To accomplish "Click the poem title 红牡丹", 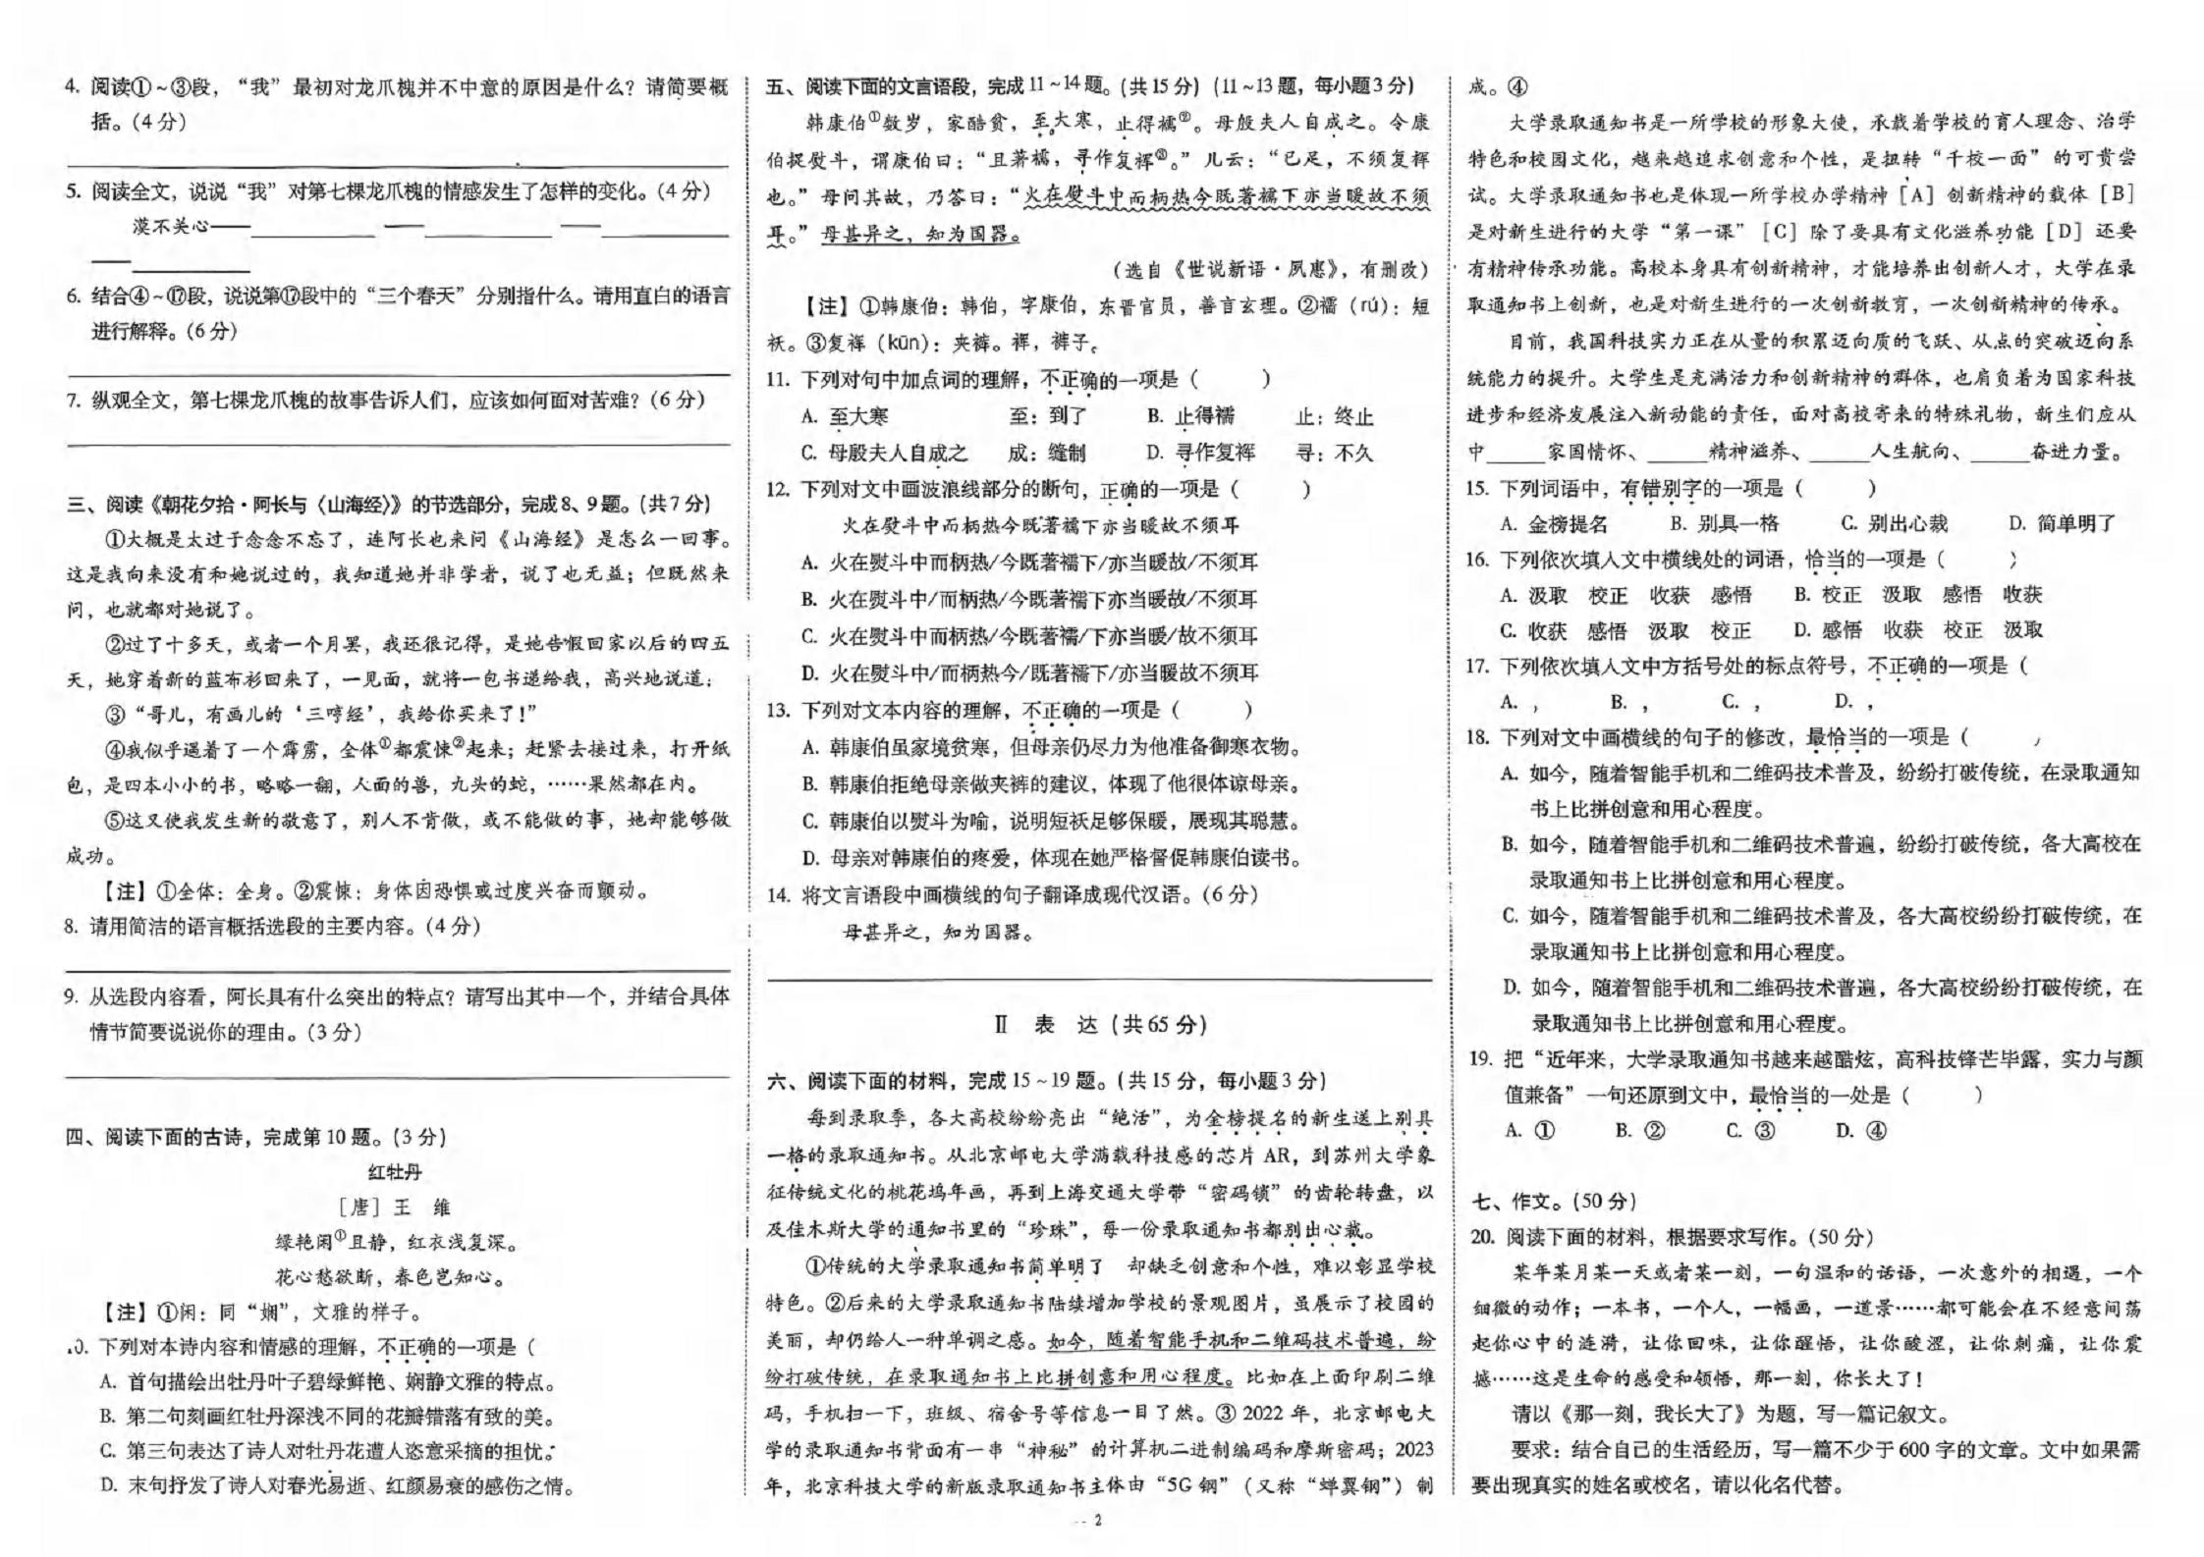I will tap(395, 1171).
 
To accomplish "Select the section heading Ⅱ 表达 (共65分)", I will tap(1100, 1025).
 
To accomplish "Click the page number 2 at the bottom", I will tap(1098, 1521).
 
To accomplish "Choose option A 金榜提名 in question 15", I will tap(1555, 524).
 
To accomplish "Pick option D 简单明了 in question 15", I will tap(2062, 524).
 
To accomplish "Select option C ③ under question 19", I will tap(1750, 1130).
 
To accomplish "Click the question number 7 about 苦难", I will tap(72, 401).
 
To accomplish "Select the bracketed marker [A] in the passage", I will tap(1916, 194).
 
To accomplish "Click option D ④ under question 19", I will tap(1860, 1130).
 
